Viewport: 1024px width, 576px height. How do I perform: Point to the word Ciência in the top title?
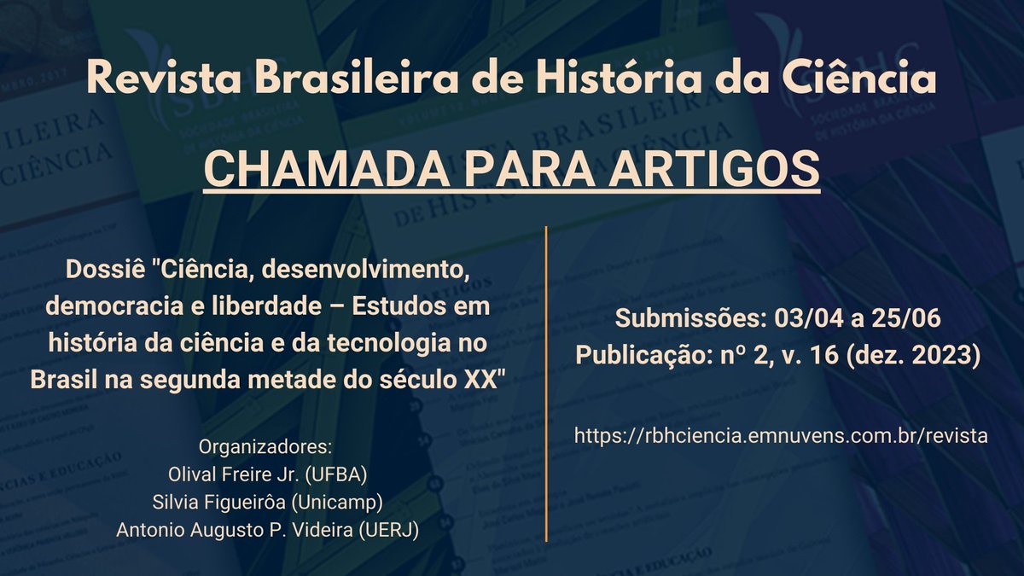(861, 80)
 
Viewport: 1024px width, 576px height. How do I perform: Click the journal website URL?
(781, 435)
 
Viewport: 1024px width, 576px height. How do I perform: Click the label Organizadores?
(265, 447)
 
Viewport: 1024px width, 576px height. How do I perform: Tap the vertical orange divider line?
(546, 384)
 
